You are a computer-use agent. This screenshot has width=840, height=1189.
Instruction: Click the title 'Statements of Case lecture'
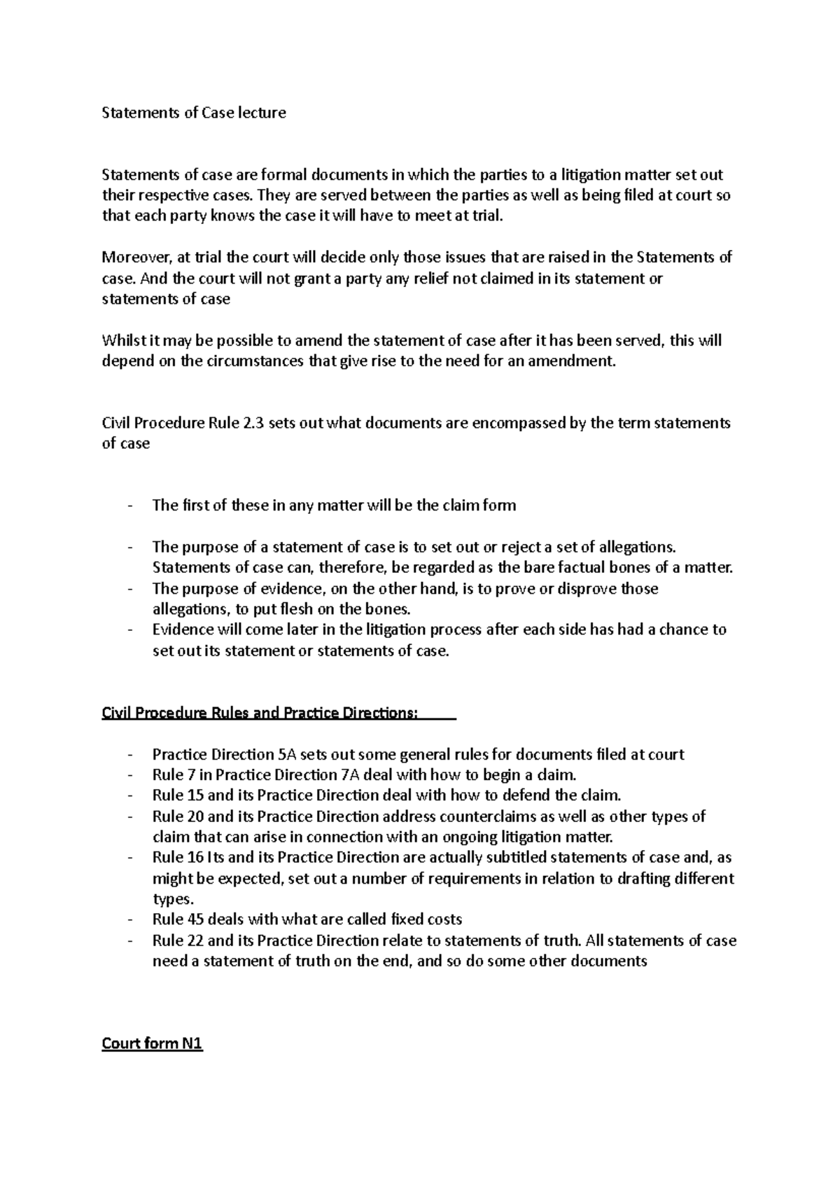click(x=194, y=113)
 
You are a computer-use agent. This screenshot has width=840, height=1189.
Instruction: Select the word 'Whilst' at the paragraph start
click(x=120, y=341)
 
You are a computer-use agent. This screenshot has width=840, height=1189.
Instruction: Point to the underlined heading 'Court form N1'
click(x=152, y=1043)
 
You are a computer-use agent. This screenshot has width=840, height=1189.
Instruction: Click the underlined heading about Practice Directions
click(x=260, y=713)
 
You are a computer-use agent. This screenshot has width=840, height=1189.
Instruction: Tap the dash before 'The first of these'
click(x=130, y=506)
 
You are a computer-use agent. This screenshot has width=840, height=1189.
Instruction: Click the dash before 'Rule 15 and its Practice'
click(x=130, y=796)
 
